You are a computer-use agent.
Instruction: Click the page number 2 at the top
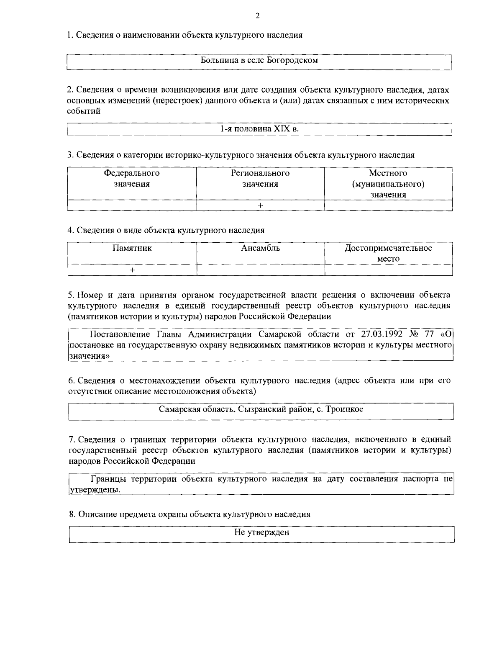coord(257,16)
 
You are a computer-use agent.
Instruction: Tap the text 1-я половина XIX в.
coord(259,129)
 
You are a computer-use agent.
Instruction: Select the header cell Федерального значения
coord(132,179)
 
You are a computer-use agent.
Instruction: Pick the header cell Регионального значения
coord(260,179)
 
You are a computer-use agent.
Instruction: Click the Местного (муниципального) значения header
coord(388,184)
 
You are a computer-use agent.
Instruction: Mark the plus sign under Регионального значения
coord(260,205)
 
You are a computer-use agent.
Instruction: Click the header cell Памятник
coord(132,248)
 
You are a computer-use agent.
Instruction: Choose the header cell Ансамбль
coord(260,248)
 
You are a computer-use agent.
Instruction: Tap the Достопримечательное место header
coord(388,253)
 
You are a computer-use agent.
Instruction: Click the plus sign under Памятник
coord(132,270)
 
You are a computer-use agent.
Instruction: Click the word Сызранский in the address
coord(261,409)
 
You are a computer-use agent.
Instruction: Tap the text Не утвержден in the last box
coord(261,533)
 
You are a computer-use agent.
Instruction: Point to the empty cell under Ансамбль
coord(260,270)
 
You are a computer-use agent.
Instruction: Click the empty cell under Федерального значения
coord(132,205)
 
